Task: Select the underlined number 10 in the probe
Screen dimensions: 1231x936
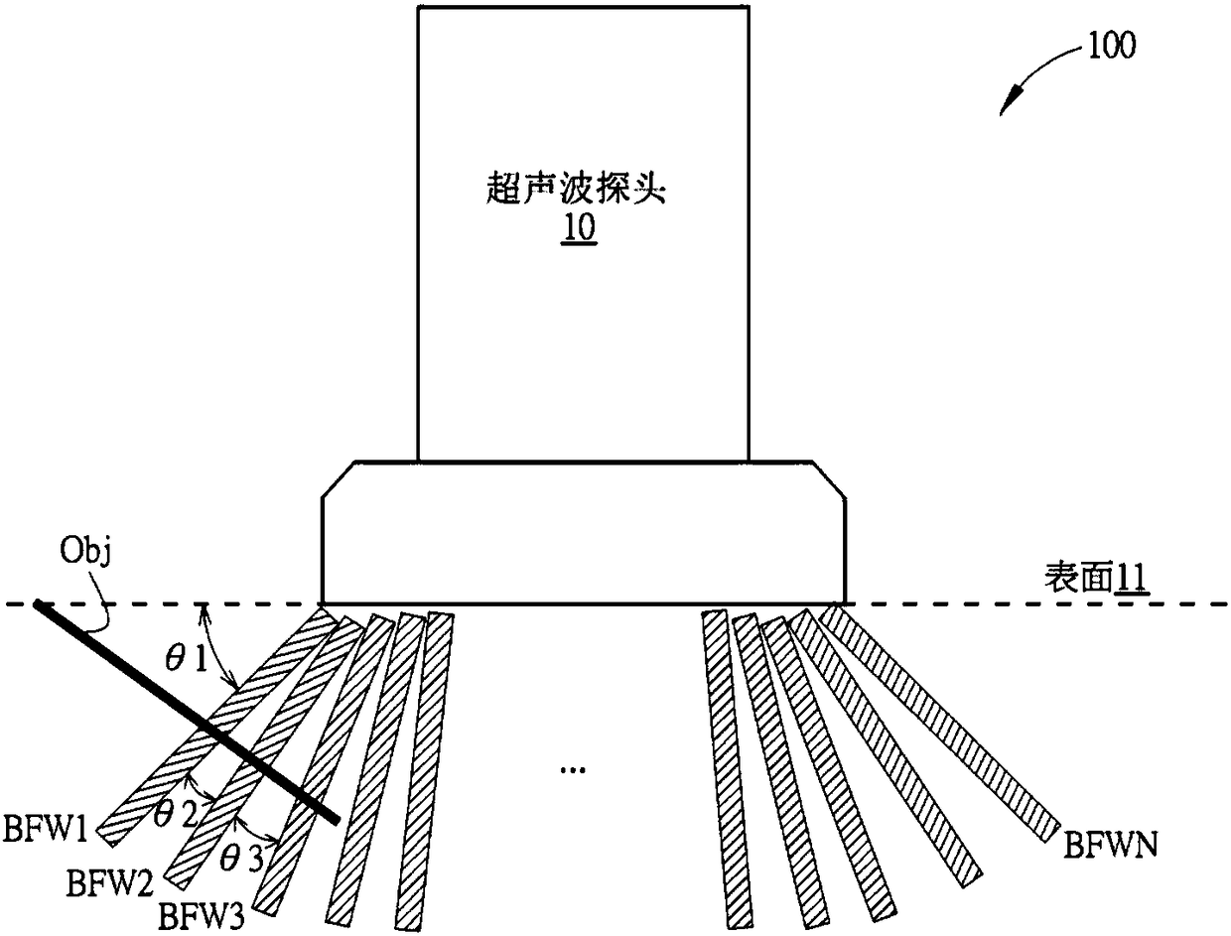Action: coord(580,229)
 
